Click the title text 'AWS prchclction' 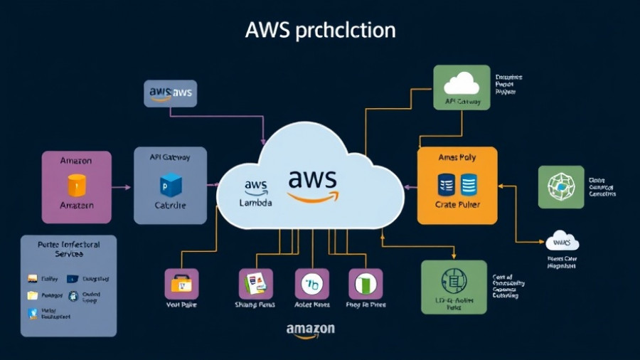(x=320, y=31)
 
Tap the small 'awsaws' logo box (x=171, y=93)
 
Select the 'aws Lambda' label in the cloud (x=255, y=194)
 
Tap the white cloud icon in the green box (x=462, y=84)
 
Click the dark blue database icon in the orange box (x=447, y=185)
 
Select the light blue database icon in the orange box (x=469, y=185)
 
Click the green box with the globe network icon (x=560, y=186)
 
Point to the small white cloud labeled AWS (x=562, y=240)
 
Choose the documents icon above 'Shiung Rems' (x=254, y=283)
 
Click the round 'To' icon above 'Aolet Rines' (x=311, y=283)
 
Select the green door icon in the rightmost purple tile (x=365, y=283)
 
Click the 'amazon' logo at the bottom (x=310, y=331)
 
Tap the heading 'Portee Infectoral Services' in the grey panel (x=68, y=248)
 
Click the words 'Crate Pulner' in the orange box (x=457, y=204)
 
